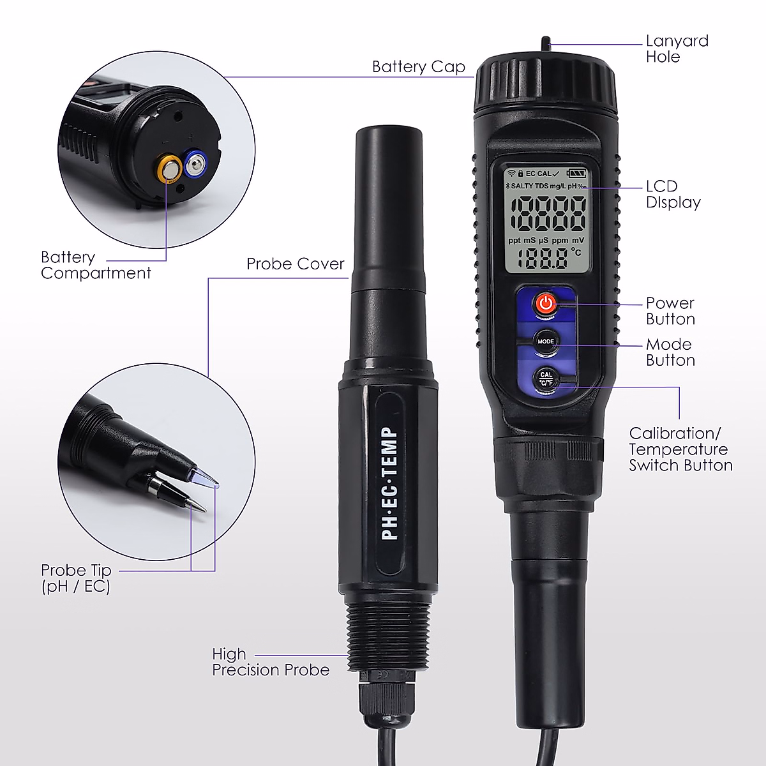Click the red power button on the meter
point(544,304)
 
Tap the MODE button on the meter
point(546,341)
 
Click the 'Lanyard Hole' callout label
point(677,49)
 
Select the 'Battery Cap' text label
point(418,67)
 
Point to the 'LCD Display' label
point(673,195)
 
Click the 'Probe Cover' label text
point(296,264)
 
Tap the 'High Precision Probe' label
point(271,662)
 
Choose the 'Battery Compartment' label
point(96,266)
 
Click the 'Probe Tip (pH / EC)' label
point(76,578)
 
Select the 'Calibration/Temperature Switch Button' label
point(680,449)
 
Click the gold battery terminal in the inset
point(170,169)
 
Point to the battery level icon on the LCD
point(576,172)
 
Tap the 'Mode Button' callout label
point(670,352)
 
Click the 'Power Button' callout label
point(670,311)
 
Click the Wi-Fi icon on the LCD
point(510,173)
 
